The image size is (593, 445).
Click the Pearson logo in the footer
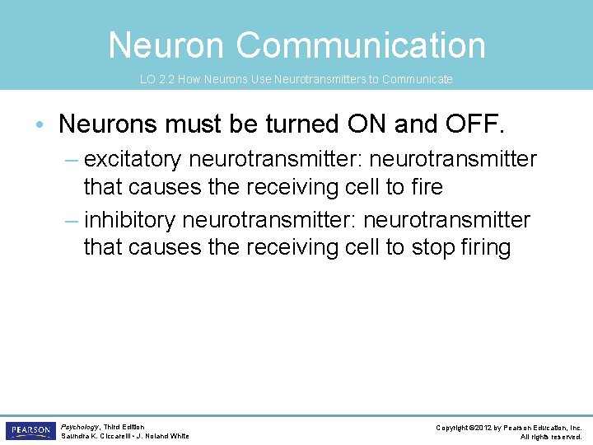(x=30, y=430)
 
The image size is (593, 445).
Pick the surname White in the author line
(x=179, y=436)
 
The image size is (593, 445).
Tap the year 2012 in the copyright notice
(x=484, y=428)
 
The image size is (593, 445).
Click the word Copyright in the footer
(x=454, y=428)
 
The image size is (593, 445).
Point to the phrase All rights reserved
(x=551, y=437)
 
